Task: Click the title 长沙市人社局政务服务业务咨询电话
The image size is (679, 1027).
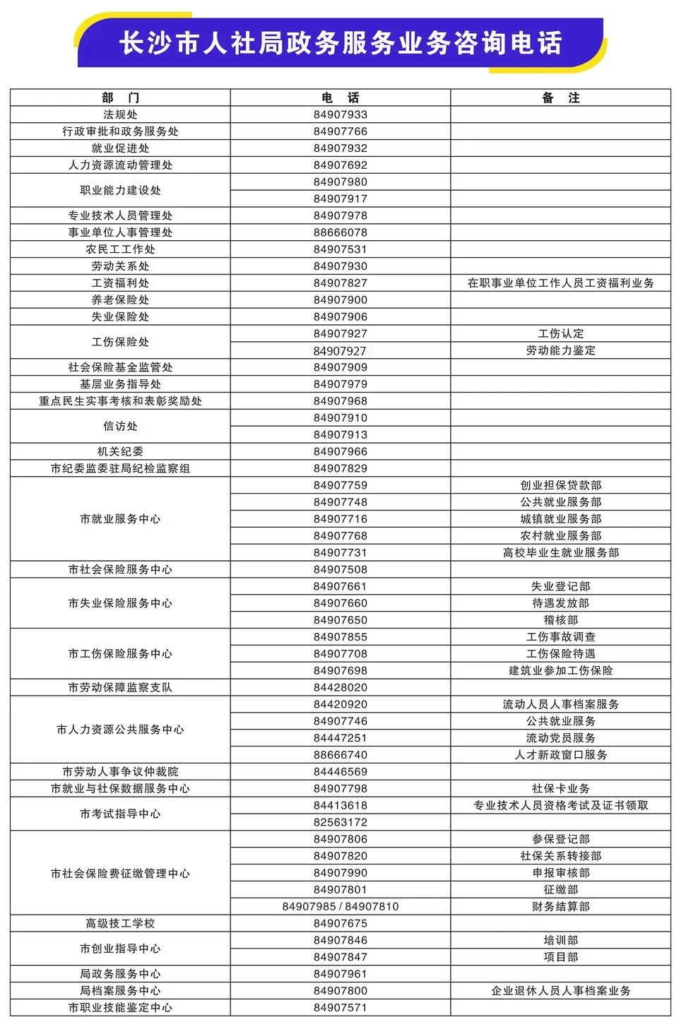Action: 340,43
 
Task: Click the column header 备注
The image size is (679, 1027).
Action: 560,97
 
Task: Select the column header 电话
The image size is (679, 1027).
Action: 340,97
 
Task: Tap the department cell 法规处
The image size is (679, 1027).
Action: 120,114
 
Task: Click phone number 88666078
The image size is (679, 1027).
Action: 340,232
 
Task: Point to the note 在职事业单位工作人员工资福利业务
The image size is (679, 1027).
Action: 560,283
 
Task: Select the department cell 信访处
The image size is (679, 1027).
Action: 120,426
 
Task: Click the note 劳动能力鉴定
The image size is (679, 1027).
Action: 560,350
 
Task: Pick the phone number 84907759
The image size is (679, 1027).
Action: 340,485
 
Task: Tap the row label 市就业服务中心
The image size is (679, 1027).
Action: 120,519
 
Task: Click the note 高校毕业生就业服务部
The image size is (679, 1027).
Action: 560,553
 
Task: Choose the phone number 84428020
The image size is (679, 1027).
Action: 340,687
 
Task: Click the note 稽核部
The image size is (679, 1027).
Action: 560,620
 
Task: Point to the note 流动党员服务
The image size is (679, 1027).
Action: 560,738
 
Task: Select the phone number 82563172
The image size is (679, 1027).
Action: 340,822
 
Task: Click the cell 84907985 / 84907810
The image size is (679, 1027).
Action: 340,906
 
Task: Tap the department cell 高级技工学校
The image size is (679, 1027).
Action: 120,923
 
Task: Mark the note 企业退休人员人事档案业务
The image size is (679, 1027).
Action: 560,991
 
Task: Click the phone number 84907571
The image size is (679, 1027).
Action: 340,1008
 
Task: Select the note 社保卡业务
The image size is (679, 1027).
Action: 560,788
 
